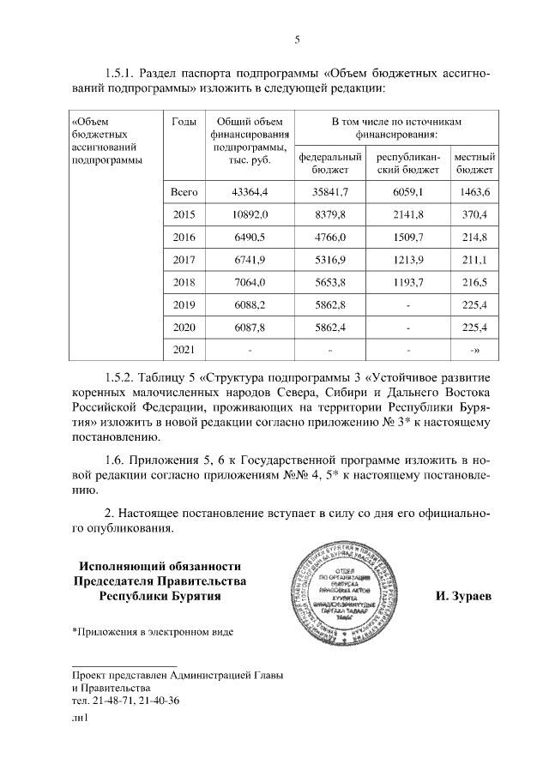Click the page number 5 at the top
click(x=297, y=39)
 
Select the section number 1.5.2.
click(x=123, y=376)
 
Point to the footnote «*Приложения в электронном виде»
click(x=152, y=632)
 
